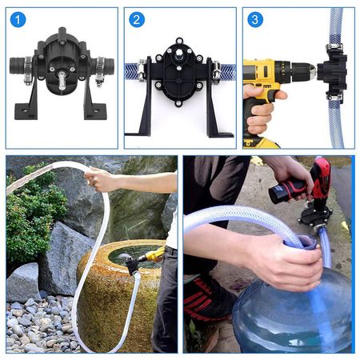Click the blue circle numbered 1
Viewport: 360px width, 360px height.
(18, 20)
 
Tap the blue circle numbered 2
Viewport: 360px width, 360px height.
(137, 20)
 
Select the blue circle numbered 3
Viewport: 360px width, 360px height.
(255, 20)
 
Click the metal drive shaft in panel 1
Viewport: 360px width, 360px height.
(62, 80)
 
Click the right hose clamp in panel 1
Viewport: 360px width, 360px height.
(101, 70)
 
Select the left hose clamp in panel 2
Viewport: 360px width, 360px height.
(141, 71)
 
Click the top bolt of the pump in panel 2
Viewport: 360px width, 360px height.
(179, 41)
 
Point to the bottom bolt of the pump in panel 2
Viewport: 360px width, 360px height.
(178, 103)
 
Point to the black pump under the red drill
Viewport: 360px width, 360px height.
(314, 216)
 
